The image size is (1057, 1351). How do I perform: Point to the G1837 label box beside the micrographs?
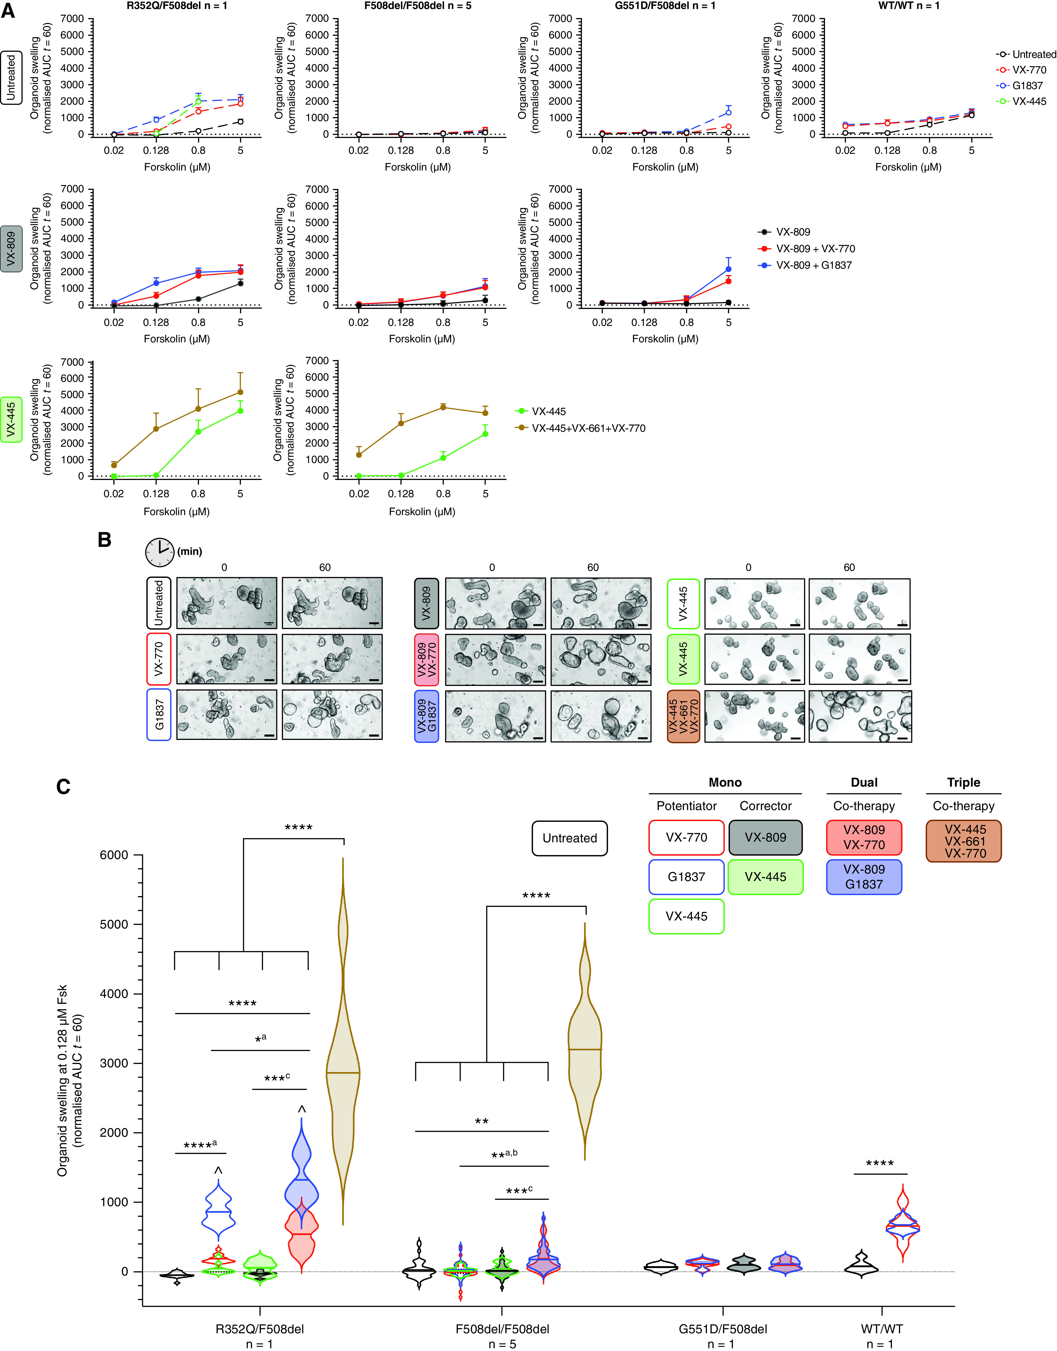click(x=159, y=715)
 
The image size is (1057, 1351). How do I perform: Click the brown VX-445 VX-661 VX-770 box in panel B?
click(x=683, y=716)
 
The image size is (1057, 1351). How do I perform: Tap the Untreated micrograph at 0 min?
click(x=226, y=603)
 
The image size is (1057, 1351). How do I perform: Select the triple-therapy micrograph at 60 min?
click(x=860, y=716)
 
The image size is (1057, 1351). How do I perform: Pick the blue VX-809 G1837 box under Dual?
click(x=864, y=876)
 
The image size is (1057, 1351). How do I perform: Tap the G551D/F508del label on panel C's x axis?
click(x=723, y=1328)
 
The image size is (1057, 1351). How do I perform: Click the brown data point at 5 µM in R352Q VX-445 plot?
click(x=240, y=392)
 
